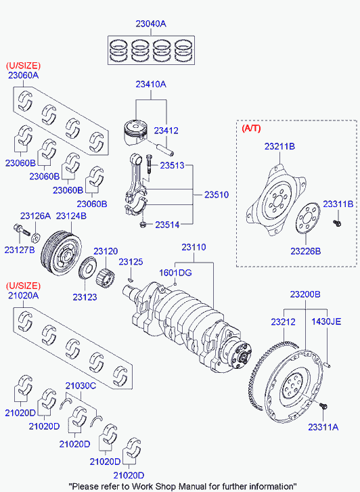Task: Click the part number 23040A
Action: [x=150, y=24]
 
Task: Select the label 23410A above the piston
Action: [x=150, y=84]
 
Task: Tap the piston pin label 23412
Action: [x=166, y=130]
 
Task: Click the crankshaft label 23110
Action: [x=194, y=248]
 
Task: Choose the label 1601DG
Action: [x=176, y=272]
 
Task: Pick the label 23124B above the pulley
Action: [x=71, y=216]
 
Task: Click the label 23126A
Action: [x=35, y=216]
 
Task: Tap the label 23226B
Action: [x=306, y=251]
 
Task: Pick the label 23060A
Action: [x=23, y=75]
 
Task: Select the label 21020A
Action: [x=23, y=295]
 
